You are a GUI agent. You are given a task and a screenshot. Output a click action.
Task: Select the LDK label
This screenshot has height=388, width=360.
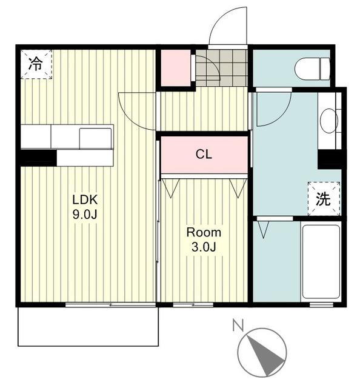point(85,199)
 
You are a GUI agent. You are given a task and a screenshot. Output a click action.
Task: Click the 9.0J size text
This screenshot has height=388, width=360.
point(85,214)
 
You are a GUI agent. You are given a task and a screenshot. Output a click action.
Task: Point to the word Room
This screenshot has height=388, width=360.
point(204,233)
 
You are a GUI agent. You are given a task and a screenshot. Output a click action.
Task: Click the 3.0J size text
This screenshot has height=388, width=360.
point(204,247)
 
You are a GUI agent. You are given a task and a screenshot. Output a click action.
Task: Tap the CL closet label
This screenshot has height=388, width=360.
point(204,155)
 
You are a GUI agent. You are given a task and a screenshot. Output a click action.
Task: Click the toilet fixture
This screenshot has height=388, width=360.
point(312,69)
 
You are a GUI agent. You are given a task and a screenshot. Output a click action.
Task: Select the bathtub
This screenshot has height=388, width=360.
point(321,261)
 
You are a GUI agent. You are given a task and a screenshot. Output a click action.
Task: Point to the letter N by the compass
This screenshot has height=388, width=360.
point(238,325)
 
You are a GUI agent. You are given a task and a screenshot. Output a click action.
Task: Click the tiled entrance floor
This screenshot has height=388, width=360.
point(221,67)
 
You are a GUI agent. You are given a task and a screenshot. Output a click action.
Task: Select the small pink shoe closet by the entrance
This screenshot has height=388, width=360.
point(176,68)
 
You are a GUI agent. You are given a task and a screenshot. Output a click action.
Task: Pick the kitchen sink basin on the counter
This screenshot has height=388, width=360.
point(95,138)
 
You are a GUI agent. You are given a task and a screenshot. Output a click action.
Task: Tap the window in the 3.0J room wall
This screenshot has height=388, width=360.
point(193,304)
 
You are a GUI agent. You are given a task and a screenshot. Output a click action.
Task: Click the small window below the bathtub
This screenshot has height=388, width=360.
point(321,304)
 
